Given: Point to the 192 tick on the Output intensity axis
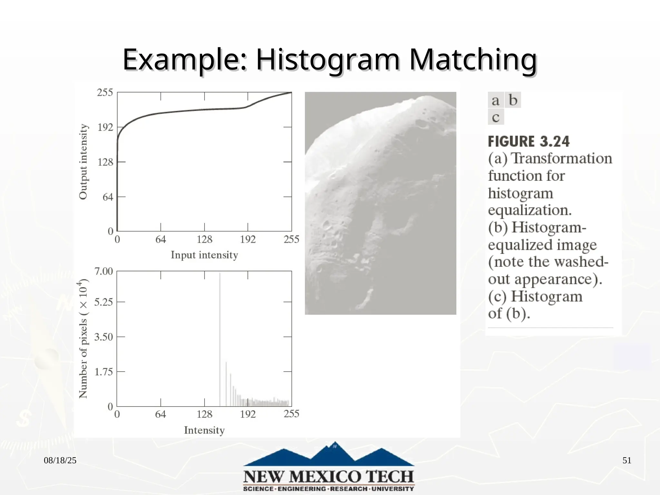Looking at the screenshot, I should [x=105, y=127].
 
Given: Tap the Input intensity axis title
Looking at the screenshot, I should [x=204, y=255].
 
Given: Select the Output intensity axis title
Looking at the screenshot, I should [x=83, y=162].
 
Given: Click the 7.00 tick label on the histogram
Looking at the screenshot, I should [x=103, y=271].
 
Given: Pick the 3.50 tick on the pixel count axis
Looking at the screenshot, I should [x=103, y=337].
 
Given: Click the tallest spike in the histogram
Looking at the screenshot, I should [x=220, y=338].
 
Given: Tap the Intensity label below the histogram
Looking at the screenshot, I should [x=204, y=430].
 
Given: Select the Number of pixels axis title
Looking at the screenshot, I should [x=83, y=338].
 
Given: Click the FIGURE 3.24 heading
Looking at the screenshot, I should [x=529, y=142].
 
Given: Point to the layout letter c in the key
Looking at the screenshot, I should [x=496, y=117].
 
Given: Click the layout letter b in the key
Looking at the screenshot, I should [x=513, y=100].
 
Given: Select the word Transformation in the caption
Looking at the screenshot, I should [x=562, y=159].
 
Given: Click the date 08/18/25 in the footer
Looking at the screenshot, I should [x=60, y=461].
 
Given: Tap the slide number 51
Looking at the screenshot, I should [x=626, y=461].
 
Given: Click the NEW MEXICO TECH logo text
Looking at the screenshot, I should [x=329, y=477].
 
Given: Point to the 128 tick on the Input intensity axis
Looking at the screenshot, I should [x=204, y=239].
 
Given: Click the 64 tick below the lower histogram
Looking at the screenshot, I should [x=160, y=414].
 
